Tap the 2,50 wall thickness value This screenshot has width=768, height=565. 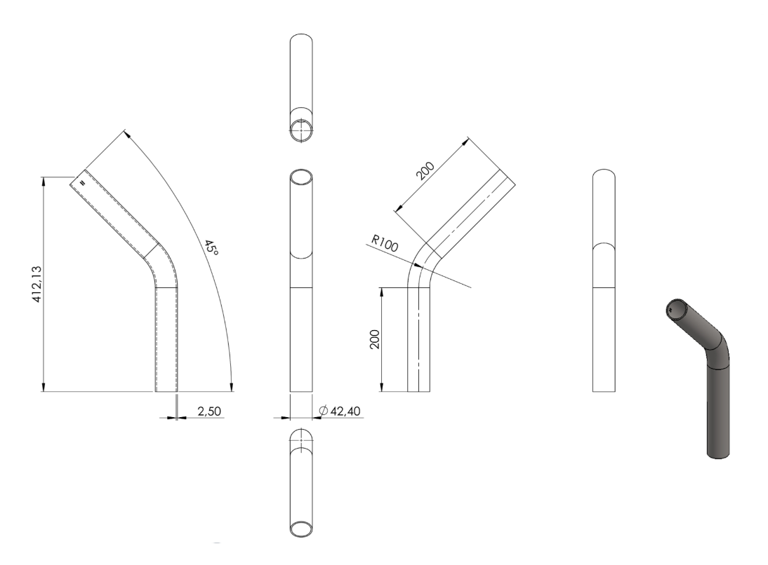pos(209,411)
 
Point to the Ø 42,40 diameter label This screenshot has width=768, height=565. pos(340,411)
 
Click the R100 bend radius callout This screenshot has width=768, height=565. pos(385,243)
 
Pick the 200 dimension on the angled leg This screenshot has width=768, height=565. pos(425,171)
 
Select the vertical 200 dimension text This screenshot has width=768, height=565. pos(375,339)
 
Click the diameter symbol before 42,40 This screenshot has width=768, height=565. pos(323,411)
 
